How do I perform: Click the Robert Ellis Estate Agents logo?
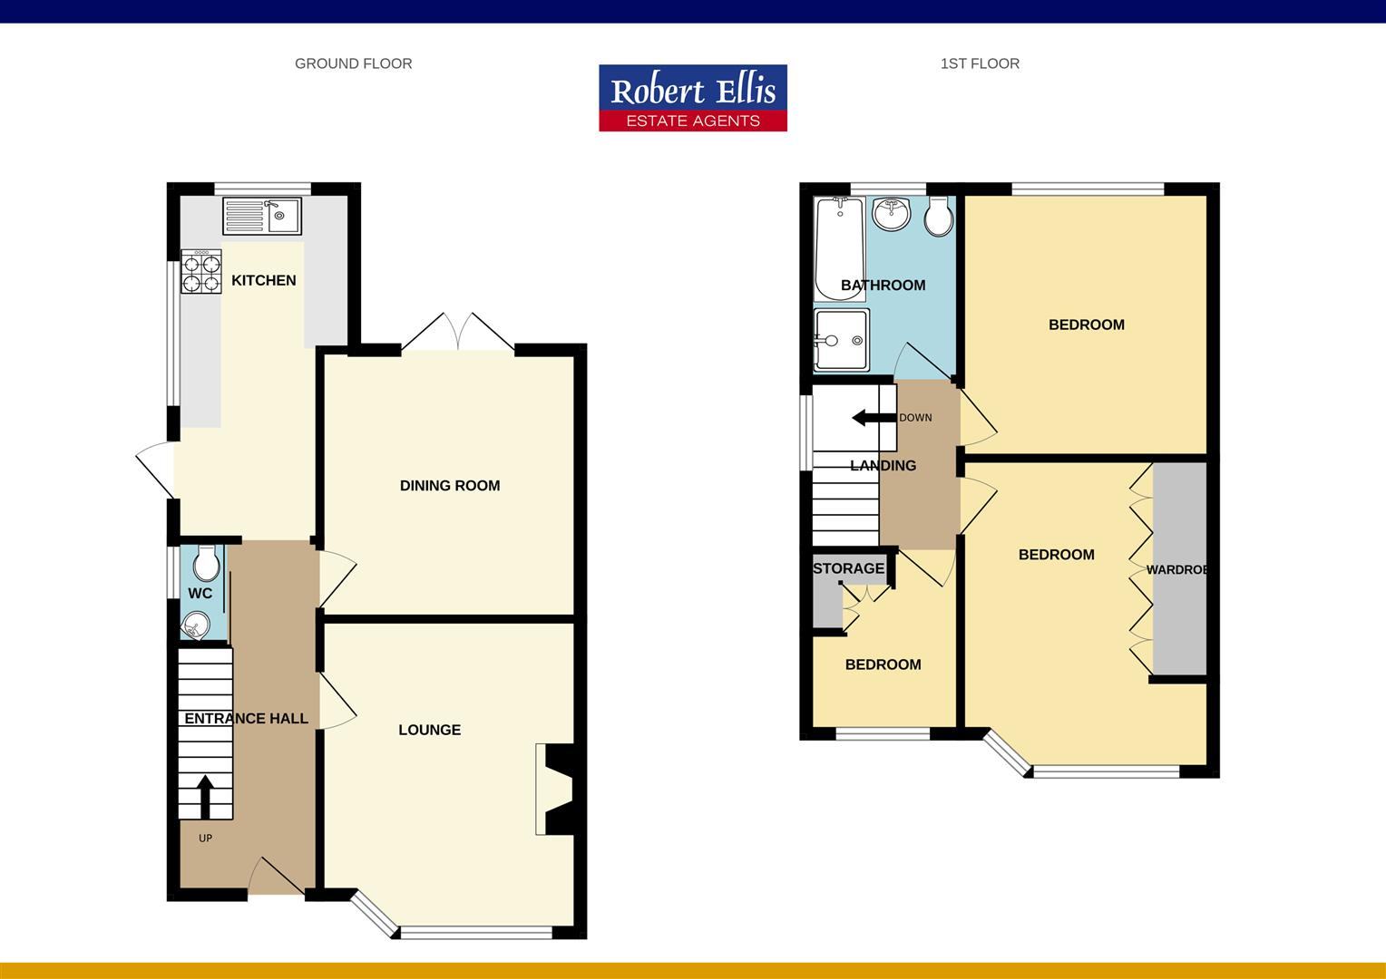tap(693, 98)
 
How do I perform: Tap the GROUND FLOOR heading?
tap(353, 63)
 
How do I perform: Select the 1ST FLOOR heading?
tap(980, 63)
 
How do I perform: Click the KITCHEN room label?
tap(263, 280)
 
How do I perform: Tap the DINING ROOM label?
tap(450, 486)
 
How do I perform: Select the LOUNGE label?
tap(429, 730)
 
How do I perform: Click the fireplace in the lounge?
tap(555, 789)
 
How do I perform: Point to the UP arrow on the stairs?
tap(205, 796)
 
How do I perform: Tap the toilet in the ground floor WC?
tap(207, 564)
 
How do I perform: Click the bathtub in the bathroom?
tap(838, 247)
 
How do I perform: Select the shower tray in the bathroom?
tap(841, 340)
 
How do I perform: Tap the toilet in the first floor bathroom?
tap(938, 216)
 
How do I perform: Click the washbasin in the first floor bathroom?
tap(891, 214)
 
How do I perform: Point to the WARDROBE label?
tap(1176, 570)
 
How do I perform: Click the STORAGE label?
tap(848, 568)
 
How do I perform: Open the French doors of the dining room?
tap(458, 334)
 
